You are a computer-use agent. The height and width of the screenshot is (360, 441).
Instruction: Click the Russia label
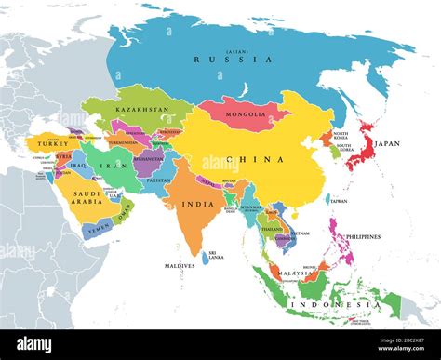pos(234,60)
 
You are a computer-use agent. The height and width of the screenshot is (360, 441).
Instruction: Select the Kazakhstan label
pos(140,110)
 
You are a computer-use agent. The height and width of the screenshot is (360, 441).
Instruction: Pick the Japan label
pos(386,144)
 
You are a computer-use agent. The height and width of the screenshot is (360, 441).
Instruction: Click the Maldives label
pos(180,266)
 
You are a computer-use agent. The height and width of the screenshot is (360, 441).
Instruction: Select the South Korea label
pos(344,147)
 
